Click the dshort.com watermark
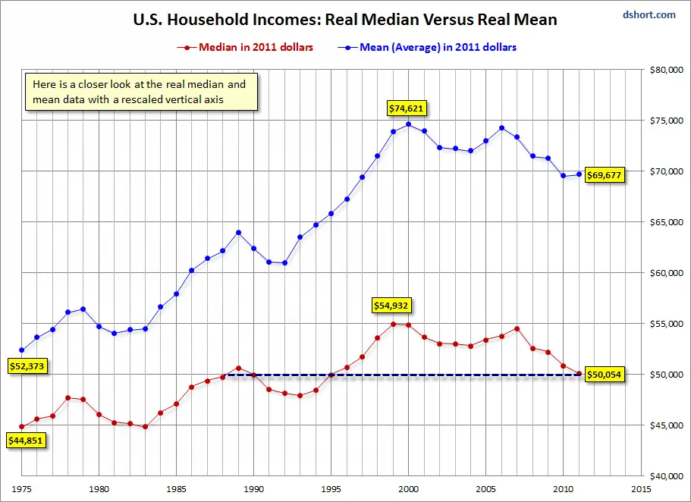coord(649,14)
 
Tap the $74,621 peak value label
coord(407,108)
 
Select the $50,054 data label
coord(605,375)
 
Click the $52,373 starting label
coord(26,366)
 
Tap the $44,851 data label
coord(26,439)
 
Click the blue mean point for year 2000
coord(409,124)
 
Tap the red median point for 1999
coord(393,324)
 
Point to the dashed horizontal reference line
coord(455,375)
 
